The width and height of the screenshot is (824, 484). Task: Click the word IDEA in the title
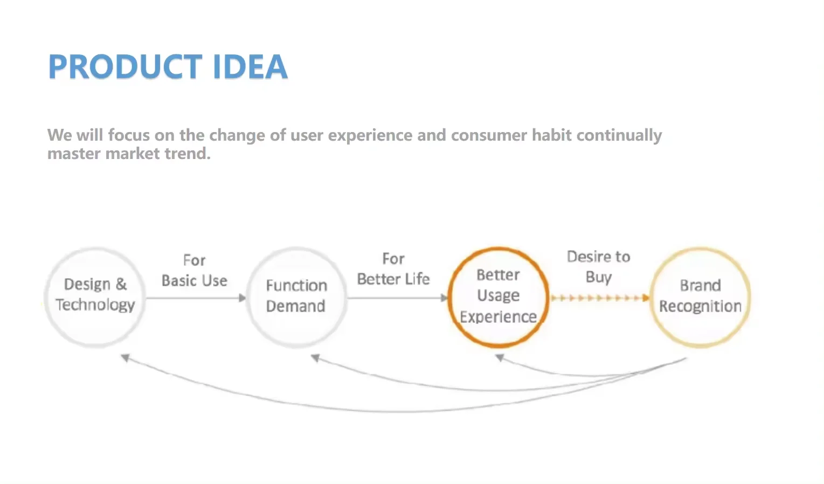(x=250, y=67)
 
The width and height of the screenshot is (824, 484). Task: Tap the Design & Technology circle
(x=95, y=297)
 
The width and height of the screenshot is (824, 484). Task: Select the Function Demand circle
(x=296, y=297)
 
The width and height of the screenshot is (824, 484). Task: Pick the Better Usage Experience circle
(x=498, y=297)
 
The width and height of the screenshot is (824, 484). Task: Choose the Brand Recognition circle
(x=700, y=297)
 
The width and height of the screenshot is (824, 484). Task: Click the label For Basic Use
(x=195, y=271)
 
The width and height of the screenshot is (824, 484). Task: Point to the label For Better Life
(x=393, y=269)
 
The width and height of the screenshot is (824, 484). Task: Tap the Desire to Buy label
(x=598, y=267)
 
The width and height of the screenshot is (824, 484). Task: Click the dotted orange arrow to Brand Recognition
(x=599, y=298)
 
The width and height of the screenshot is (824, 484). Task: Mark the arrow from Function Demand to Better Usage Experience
(x=397, y=298)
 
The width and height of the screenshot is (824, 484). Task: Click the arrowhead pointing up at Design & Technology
(x=125, y=358)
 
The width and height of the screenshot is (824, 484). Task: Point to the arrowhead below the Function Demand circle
(x=316, y=358)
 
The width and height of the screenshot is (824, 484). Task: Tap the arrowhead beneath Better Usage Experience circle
(x=500, y=358)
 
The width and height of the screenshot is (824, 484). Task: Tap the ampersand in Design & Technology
(x=121, y=284)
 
